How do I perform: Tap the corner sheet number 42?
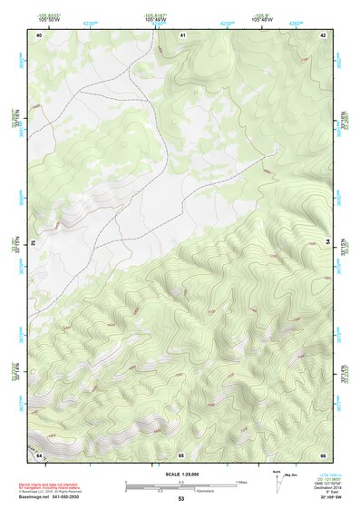[x=324, y=34]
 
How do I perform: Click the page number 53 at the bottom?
[x=181, y=499]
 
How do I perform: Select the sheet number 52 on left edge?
[x=31, y=243]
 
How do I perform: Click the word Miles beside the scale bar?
[x=241, y=482]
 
